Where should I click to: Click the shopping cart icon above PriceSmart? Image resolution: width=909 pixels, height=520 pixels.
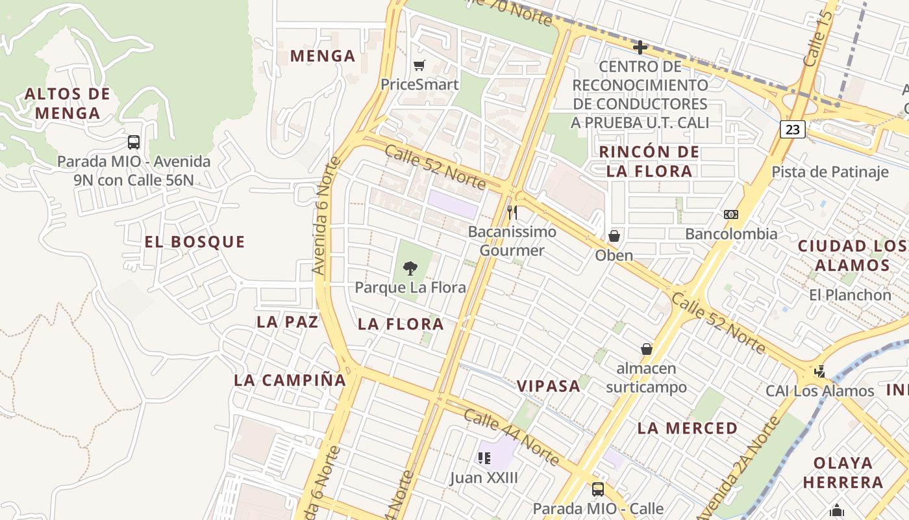(x=419, y=65)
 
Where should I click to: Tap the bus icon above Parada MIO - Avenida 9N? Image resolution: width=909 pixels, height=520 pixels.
(x=134, y=142)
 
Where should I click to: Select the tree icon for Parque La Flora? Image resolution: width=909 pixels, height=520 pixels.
(x=410, y=267)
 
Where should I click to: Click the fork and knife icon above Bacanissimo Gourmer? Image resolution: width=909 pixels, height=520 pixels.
(x=512, y=212)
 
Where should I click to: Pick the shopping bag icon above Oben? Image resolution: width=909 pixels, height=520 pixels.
(x=614, y=236)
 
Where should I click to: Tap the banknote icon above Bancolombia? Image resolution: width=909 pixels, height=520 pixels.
(x=731, y=214)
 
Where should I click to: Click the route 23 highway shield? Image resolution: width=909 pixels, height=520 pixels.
(x=793, y=129)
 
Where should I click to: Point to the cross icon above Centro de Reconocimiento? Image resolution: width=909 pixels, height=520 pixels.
(x=640, y=47)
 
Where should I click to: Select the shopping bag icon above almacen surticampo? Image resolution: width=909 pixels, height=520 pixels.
(x=646, y=349)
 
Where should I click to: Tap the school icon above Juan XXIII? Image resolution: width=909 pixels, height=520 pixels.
(x=484, y=458)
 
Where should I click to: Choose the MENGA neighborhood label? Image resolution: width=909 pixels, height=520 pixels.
(x=323, y=56)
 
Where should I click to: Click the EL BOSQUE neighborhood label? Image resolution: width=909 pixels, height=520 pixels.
(x=195, y=242)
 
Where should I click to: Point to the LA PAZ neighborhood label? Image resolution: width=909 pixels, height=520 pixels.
(x=287, y=322)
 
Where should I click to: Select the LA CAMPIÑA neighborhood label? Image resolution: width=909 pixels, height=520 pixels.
(x=290, y=380)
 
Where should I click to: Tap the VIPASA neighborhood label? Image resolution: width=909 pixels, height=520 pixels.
(x=549, y=385)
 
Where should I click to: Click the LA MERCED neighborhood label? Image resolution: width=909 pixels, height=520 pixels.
(x=688, y=428)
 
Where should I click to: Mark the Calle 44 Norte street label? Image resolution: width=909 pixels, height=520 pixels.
(x=512, y=437)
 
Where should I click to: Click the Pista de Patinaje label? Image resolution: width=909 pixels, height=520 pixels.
(x=830, y=172)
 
